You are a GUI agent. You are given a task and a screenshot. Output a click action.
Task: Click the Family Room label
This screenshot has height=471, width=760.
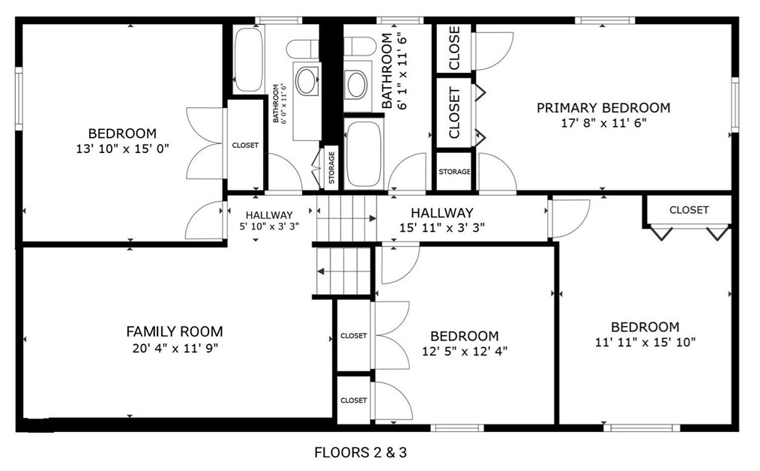point(175,331)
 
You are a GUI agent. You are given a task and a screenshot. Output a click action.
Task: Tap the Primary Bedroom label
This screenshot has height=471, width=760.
point(603,108)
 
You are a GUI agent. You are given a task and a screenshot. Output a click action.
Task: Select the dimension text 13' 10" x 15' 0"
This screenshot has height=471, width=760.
point(123,148)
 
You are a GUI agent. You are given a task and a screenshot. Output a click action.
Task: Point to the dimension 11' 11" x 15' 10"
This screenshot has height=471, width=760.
point(645,343)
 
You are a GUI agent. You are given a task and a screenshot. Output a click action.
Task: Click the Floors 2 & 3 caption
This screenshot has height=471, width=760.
point(361,452)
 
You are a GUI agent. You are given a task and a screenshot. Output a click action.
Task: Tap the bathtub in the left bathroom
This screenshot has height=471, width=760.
point(249,59)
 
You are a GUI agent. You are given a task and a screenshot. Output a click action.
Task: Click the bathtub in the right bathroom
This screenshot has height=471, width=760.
point(364,153)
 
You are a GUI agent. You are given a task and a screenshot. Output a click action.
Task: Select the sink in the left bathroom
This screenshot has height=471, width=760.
point(307,81)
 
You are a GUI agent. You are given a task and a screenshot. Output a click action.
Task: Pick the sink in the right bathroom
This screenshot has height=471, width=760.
point(356,85)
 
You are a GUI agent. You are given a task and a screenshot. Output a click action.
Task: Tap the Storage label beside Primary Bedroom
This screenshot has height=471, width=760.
point(454,172)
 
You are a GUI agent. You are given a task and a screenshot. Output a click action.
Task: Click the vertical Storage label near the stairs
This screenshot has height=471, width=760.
point(331,167)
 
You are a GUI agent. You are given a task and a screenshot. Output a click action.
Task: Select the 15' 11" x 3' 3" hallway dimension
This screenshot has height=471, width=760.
point(442,227)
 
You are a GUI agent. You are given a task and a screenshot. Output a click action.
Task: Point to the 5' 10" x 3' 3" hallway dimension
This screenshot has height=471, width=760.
point(269,226)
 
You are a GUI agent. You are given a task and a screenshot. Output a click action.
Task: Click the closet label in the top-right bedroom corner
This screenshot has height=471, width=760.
point(689,210)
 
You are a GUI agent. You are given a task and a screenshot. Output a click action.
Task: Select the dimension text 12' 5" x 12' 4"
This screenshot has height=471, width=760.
point(465,351)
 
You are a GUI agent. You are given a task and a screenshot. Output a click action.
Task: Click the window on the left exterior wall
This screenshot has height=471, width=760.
point(19,98)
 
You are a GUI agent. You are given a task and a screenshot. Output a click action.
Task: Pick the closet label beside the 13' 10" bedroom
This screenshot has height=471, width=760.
point(245,145)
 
